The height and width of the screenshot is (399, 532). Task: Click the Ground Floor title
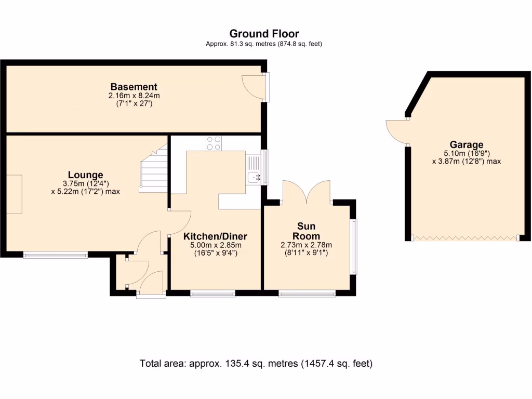pyautogui.click(x=264, y=34)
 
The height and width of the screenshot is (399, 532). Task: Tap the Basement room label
pyautogui.click(x=134, y=87)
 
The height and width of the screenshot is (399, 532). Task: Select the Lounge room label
pyautogui.click(x=85, y=175)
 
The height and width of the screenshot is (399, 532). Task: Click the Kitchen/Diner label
pyautogui.click(x=215, y=236)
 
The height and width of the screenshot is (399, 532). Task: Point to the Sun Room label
pyautogui.click(x=306, y=231)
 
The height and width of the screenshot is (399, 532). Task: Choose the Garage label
pyautogui.click(x=467, y=145)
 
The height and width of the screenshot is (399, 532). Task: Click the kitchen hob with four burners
pyautogui.click(x=213, y=143)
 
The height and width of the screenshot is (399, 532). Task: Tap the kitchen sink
pyautogui.click(x=255, y=177)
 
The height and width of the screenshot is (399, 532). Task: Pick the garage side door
pyautogui.click(x=397, y=131)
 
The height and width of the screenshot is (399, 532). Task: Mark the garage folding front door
pyautogui.click(x=465, y=238)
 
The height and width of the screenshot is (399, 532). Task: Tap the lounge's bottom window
pyautogui.click(x=56, y=255)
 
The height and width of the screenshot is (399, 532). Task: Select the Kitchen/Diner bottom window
pyautogui.click(x=212, y=294)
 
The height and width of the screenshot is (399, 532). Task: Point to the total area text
pyautogui.click(x=256, y=363)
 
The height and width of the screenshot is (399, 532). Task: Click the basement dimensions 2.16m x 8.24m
pyautogui.click(x=134, y=96)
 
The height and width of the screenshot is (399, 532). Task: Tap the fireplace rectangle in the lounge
pyautogui.click(x=14, y=194)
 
